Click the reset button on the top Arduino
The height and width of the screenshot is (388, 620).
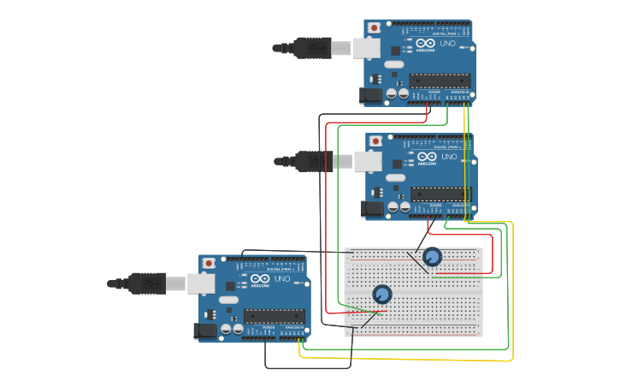tap(375, 28)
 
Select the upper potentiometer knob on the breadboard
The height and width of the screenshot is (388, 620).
tap(432, 257)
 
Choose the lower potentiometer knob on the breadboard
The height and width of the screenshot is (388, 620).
tap(382, 295)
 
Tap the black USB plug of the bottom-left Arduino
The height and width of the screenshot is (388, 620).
tap(147, 283)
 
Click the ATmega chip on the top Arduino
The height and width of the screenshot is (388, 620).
tap(440, 81)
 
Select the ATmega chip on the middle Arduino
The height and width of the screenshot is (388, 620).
tap(441, 194)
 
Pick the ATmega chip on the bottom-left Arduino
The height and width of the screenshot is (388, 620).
tap(275, 316)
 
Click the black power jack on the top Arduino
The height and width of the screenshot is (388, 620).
tap(372, 95)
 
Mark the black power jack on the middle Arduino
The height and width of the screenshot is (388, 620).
tap(373, 208)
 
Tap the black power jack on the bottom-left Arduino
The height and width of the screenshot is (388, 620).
tap(207, 330)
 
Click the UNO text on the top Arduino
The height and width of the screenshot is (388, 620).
tap(447, 43)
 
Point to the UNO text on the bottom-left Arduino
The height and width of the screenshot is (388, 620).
tap(282, 278)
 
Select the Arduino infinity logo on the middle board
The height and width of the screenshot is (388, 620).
tap(426, 157)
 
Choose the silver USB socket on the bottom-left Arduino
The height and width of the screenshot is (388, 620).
tap(201, 283)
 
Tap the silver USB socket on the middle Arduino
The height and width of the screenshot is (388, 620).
tap(369, 161)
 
